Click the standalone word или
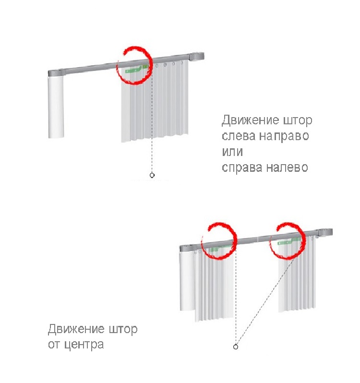click(x=232, y=152)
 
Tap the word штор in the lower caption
click(x=123, y=330)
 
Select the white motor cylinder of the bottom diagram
click(x=188, y=281)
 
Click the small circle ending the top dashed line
click(x=152, y=175)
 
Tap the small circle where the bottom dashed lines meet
click(x=236, y=347)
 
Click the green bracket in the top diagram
click(x=136, y=69)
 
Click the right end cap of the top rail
click(x=197, y=57)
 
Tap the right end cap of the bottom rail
click(x=325, y=232)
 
